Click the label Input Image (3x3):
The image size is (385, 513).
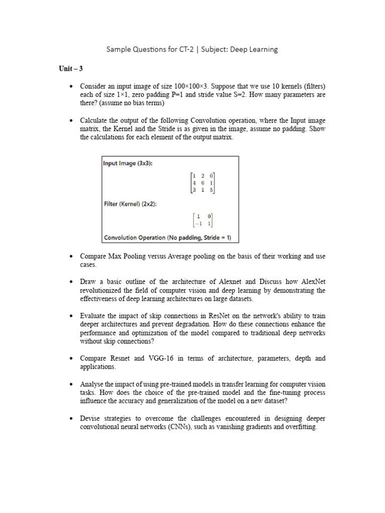pyautogui.click(x=128, y=163)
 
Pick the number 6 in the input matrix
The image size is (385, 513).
pyautogui.click(x=203, y=183)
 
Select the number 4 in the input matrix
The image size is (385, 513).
pyautogui.click(x=194, y=183)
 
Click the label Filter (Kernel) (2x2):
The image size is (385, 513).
pyautogui.click(x=133, y=204)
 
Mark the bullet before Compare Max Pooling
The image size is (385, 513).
pyautogui.click(x=71, y=256)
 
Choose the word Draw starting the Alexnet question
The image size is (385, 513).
pyautogui.click(x=88, y=282)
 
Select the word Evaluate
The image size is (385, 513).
pyautogui.click(x=93, y=316)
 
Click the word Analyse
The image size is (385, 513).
pyautogui.click(x=92, y=384)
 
